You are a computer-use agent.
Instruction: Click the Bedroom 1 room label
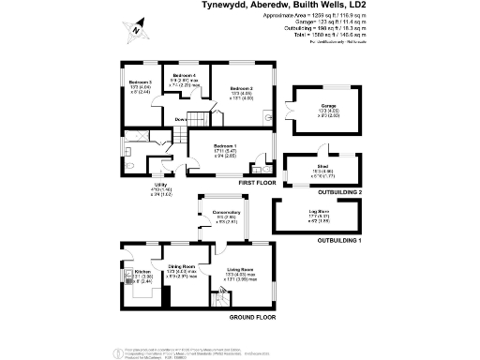pos(224,146)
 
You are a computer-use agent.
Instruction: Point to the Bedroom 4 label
pos(187,75)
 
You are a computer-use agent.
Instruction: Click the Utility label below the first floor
pos(160,185)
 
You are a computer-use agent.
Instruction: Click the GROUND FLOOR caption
pos(252,317)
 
